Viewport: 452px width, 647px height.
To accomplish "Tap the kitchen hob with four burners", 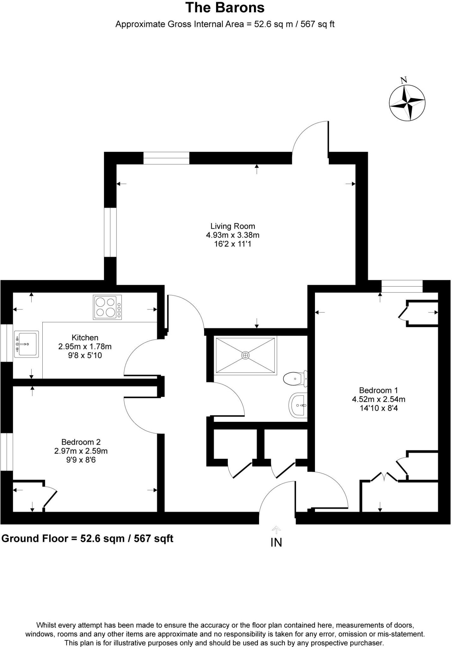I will click(107, 307).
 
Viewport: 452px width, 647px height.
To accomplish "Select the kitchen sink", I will click(27, 344).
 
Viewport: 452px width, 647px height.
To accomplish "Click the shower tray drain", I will click(245, 355).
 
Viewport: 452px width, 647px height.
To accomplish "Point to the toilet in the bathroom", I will click(295, 378).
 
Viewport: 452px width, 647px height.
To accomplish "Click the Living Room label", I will click(233, 226).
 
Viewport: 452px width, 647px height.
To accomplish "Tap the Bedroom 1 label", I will click(378, 390).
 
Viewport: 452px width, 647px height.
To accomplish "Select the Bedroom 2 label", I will click(81, 442).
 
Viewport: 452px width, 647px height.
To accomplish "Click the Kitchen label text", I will click(85, 337).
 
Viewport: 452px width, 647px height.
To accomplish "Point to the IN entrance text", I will click(276, 542).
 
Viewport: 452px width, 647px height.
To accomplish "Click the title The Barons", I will click(225, 8).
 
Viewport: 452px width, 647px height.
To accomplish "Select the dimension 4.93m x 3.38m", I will click(233, 235).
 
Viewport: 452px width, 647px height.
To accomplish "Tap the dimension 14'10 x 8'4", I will click(378, 408).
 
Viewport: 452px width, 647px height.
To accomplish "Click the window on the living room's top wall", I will click(166, 158).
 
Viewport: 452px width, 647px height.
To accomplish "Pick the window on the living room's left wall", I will click(110, 232).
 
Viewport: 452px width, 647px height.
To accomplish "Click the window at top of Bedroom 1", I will click(402, 286).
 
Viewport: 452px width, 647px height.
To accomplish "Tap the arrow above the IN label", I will click(276, 530).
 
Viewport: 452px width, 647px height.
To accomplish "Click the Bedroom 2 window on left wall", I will click(6, 451).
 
